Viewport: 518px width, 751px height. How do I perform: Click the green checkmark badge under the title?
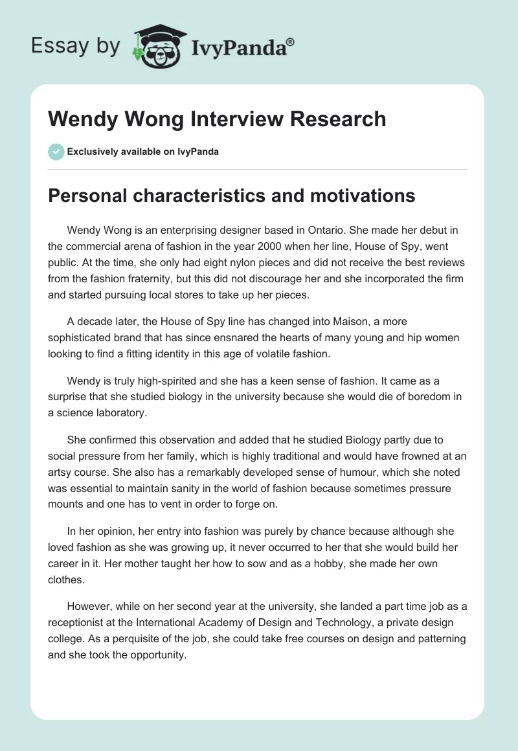tap(56, 151)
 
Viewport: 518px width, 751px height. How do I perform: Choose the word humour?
tap(330, 472)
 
